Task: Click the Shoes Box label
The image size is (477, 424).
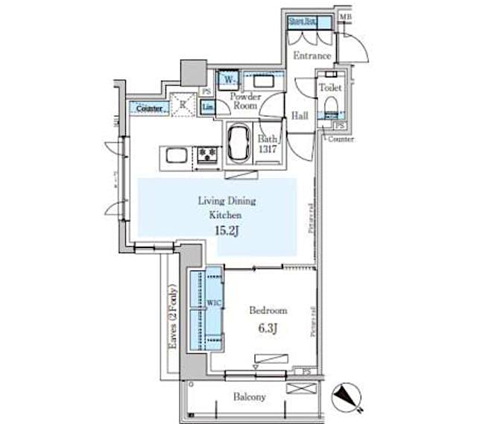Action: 302,22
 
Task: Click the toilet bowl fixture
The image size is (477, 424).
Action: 329,101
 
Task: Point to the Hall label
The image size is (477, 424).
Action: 300,116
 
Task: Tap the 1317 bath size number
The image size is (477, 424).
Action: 268,149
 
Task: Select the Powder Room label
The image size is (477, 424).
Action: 244,101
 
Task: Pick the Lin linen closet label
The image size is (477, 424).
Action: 209,109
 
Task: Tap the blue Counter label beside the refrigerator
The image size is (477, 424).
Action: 150,109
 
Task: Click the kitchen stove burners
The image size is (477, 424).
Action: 207,155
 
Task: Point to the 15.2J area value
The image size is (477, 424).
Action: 227,231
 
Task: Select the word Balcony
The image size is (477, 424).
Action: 250,397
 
